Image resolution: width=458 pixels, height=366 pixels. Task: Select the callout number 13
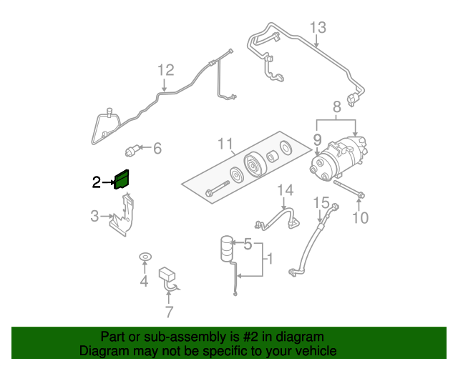(318, 28)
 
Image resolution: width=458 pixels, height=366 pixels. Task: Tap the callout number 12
(165, 70)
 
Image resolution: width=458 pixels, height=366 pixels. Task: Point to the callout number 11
(225, 145)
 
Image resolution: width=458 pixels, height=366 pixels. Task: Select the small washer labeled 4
(144, 257)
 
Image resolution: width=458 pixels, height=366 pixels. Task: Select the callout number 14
(286, 190)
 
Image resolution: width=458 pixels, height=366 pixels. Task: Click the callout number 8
(336, 107)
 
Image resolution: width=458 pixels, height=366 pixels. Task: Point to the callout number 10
(360, 217)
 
